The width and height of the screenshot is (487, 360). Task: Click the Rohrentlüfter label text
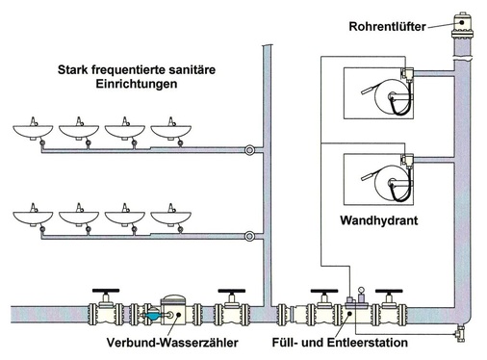pos(387,26)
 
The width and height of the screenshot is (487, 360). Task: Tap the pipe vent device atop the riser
pos(462,25)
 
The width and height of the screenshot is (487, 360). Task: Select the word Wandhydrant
pos(379,220)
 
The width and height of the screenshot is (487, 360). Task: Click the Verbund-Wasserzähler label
pos(172,343)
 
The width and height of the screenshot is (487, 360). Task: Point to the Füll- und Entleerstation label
pos(340,343)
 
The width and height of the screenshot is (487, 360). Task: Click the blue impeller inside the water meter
pos(153,315)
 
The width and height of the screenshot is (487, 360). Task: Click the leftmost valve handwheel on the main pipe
pos(106,291)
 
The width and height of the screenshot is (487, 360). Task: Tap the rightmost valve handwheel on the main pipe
pos(389,291)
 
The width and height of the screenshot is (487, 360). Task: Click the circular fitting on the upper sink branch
pos(249,150)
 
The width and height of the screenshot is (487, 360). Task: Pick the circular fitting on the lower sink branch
pos(249,237)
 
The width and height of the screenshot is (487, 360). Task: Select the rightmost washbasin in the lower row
pos(171,216)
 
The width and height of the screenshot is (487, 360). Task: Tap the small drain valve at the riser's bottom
pos(460,334)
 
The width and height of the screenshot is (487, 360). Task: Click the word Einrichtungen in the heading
pos(137,84)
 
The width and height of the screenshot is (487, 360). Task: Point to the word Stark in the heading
pos(72,69)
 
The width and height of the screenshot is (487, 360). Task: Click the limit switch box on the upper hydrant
pos(407,74)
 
